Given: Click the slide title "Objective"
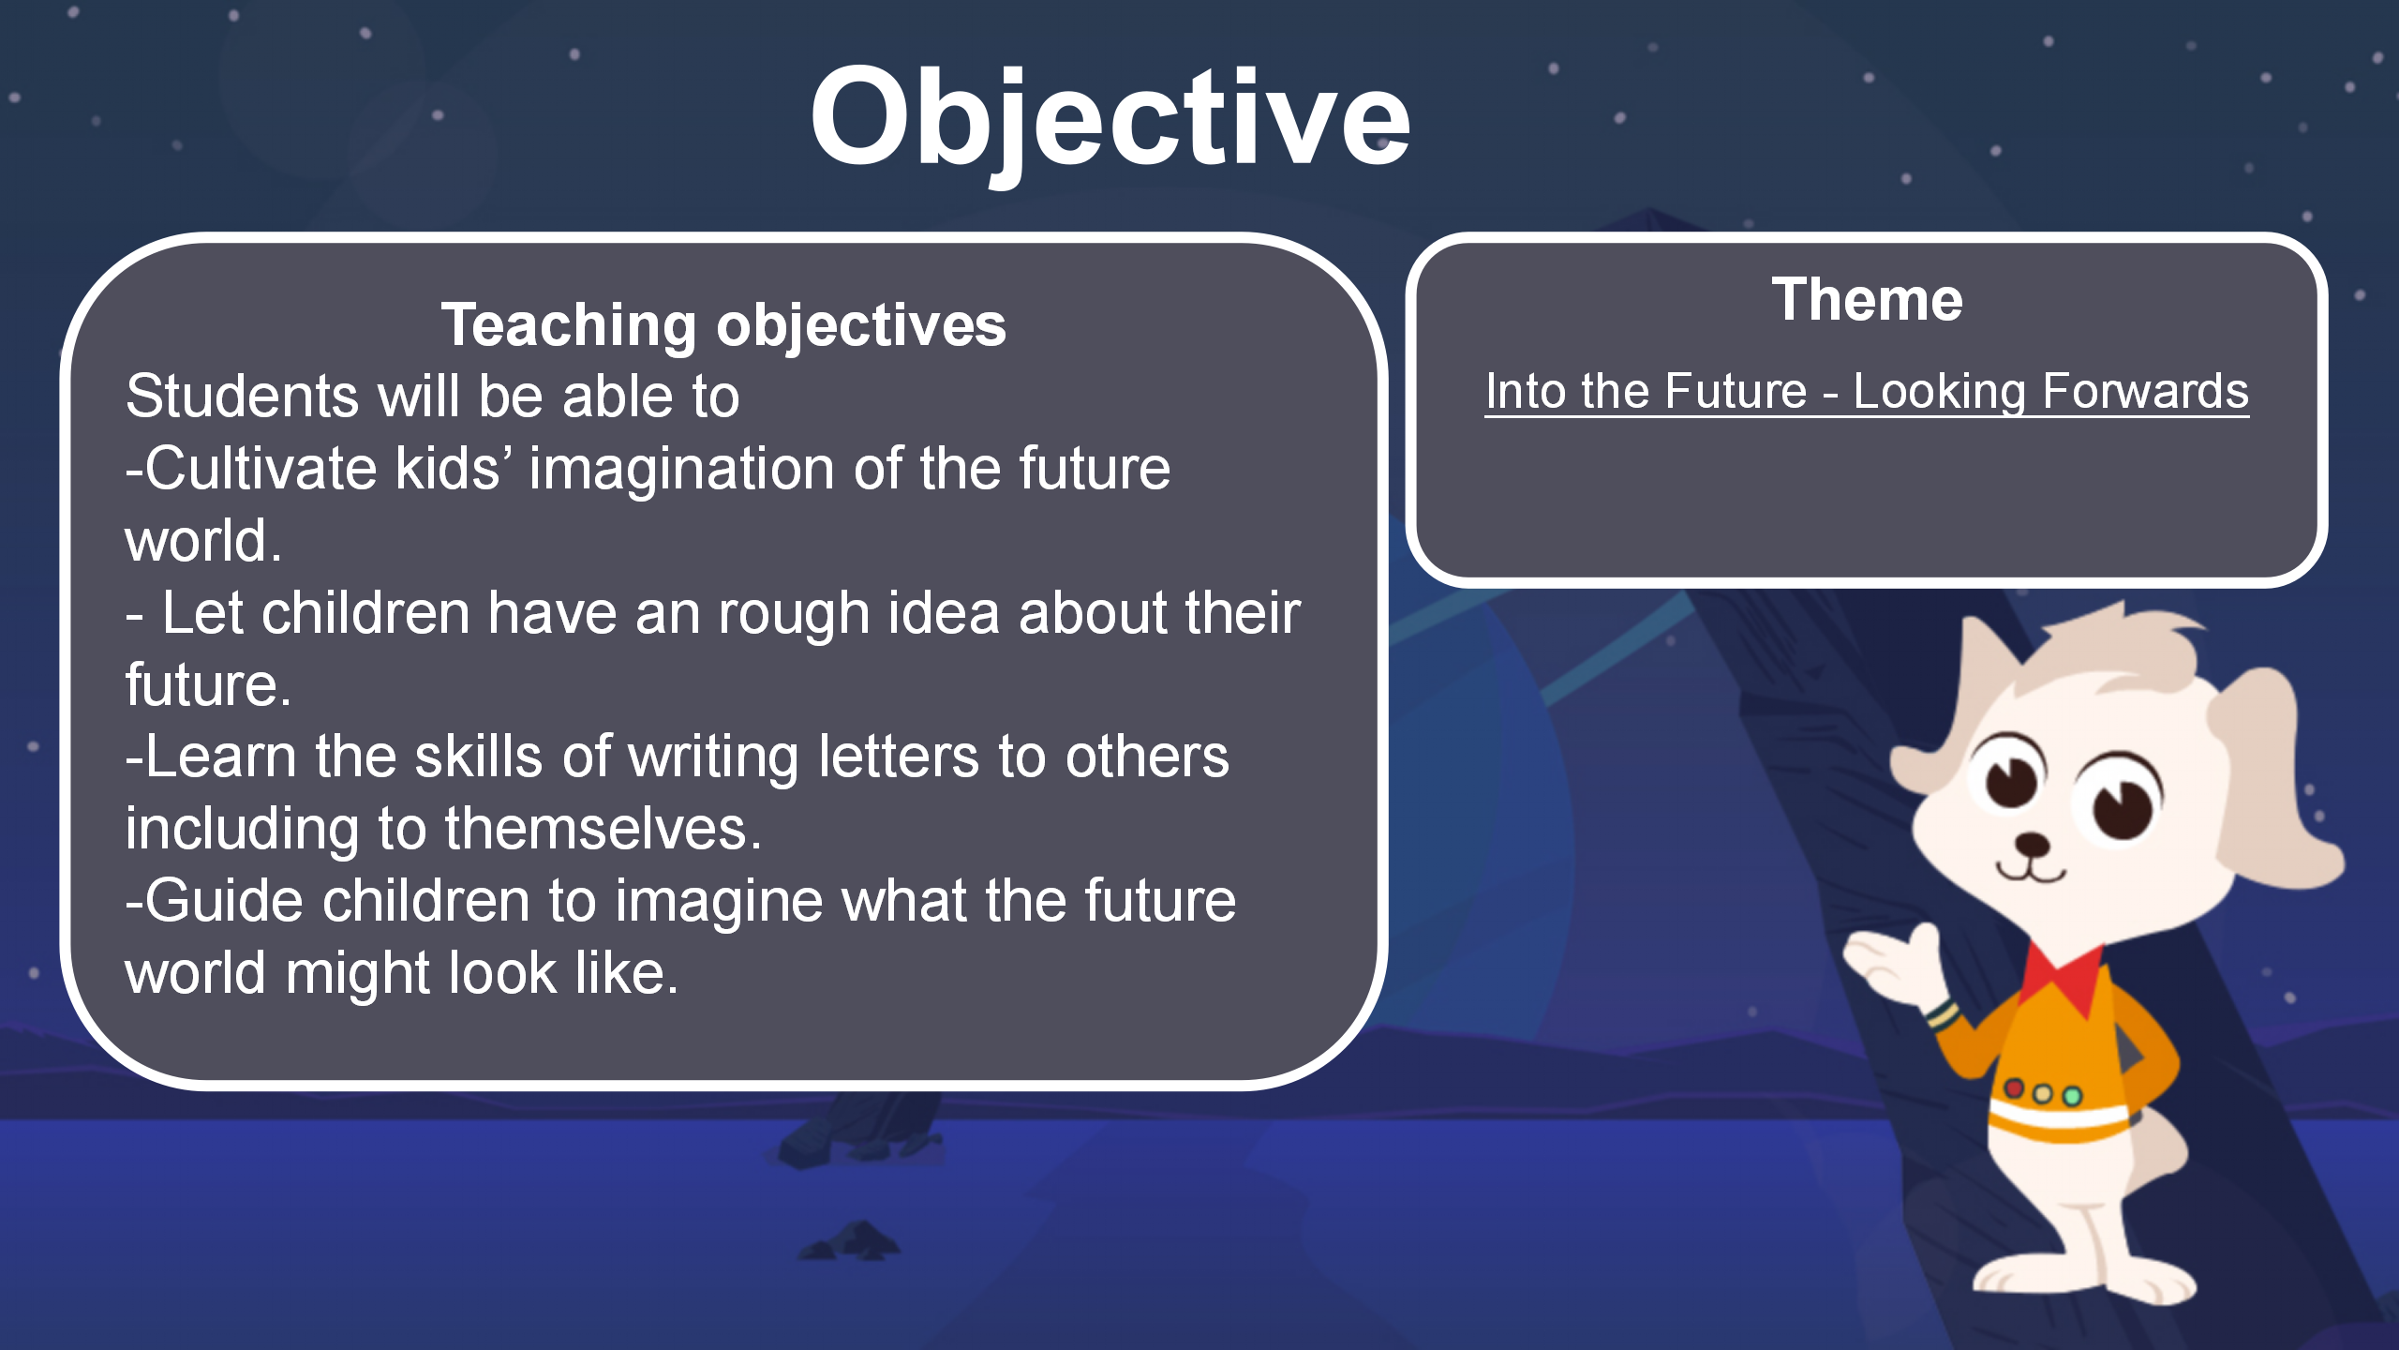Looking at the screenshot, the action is [1110, 120].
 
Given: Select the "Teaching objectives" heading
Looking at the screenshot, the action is [723, 325].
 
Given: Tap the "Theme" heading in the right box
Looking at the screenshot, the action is [1867, 300].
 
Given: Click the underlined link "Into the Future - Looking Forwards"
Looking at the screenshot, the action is [1867, 391].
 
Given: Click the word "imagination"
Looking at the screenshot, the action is [681, 470].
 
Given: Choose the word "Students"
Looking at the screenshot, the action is [242, 396].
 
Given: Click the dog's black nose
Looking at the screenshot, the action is [2031, 843].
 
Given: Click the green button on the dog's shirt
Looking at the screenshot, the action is [2072, 1095].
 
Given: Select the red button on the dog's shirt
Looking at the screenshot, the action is [2013, 1087].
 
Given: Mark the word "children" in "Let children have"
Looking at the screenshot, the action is [365, 613].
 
